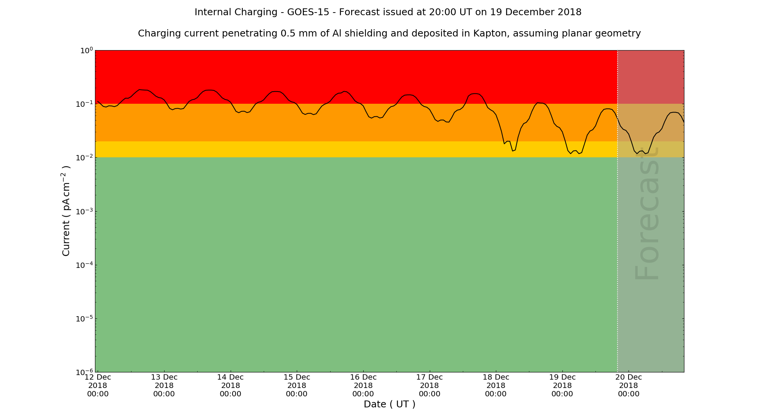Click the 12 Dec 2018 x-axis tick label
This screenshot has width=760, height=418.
click(98, 385)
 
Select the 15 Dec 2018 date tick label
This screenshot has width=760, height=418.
click(296, 385)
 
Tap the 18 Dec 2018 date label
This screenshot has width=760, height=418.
click(496, 385)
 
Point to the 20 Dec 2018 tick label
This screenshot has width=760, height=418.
click(629, 385)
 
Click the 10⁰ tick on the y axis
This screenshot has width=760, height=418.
click(87, 51)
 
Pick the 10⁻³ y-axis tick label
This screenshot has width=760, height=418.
click(85, 212)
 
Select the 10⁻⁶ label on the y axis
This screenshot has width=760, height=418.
click(85, 372)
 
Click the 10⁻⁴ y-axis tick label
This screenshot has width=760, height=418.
click(85, 265)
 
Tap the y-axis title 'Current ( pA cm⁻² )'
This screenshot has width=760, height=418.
click(66, 211)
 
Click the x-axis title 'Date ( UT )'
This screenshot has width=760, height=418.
click(389, 404)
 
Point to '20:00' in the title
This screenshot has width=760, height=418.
click(441, 12)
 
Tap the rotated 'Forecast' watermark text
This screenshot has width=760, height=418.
click(646, 214)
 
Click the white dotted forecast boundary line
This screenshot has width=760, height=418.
click(617, 228)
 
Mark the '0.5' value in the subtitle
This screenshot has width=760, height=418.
click(288, 33)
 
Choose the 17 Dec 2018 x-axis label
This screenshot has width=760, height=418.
click(429, 385)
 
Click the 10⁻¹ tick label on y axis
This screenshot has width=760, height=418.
click(85, 104)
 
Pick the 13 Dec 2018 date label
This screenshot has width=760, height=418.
click(164, 385)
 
